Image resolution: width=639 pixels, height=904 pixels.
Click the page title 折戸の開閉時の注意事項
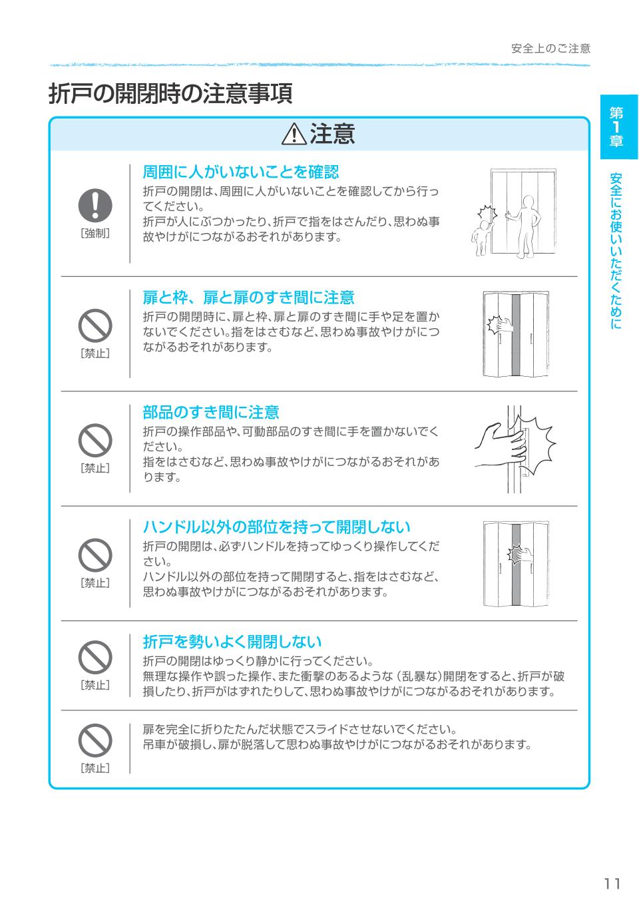coord(170,94)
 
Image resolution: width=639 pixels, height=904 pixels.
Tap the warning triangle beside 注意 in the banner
coord(294,135)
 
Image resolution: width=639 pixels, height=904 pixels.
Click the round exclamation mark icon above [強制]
coord(95,204)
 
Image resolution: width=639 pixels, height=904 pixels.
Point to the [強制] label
coord(95,233)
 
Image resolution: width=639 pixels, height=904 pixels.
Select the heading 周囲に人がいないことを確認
coord(240,172)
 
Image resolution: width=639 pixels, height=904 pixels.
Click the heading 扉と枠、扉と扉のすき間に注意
coord(248,298)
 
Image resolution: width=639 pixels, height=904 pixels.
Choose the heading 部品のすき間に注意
coord(211,413)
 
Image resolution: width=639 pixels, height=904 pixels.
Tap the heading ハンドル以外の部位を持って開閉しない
coord(276,527)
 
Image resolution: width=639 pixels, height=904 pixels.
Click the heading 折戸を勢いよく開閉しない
coord(232,642)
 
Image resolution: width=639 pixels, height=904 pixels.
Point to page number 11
coord(612,883)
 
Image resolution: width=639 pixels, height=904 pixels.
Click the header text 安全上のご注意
coord(550,49)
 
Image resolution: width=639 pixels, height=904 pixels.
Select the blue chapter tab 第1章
coord(618,127)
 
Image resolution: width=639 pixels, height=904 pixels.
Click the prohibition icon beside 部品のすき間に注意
coord(95,439)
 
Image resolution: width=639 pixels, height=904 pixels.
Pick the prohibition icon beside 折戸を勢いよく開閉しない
coord(95,657)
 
